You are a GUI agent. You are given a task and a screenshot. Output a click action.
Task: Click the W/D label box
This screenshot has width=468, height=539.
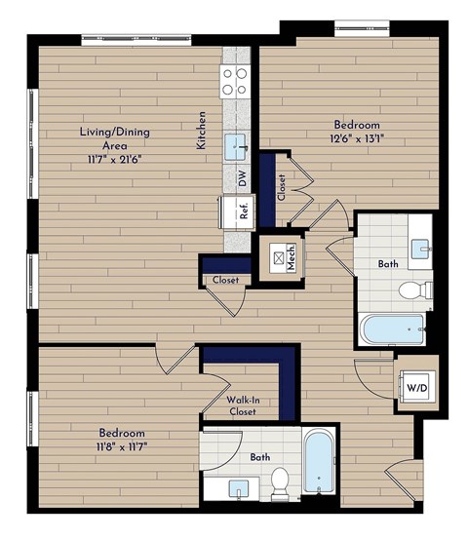(x=416, y=386)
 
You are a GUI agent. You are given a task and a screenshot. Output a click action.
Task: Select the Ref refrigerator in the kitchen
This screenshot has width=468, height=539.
(x=235, y=210)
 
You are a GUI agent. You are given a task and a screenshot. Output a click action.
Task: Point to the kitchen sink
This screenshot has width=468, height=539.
(x=237, y=147)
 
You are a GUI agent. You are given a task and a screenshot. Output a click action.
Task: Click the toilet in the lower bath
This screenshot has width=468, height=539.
(x=280, y=480)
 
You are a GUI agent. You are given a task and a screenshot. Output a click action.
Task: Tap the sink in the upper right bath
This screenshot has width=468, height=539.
(x=421, y=249)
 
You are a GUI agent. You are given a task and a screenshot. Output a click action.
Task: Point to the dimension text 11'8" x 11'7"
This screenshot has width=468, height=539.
(x=121, y=446)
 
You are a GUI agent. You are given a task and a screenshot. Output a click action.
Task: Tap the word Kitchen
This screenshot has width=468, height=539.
(x=202, y=129)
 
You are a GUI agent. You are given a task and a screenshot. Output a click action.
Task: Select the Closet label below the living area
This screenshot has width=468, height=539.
(x=225, y=280)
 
